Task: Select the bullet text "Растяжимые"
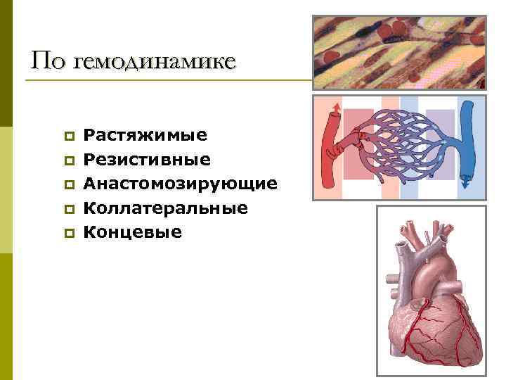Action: point(145,134)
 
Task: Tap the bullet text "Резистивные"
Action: point(146,159)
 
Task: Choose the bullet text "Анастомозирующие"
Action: point(180,184)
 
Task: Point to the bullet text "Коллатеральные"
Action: point(165,208)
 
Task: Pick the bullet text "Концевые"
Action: point(132,232)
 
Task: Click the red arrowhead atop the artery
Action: point(335,107)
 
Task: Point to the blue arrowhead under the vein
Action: point(466,185)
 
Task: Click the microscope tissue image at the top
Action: point(398,53)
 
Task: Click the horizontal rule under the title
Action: point(169,80)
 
